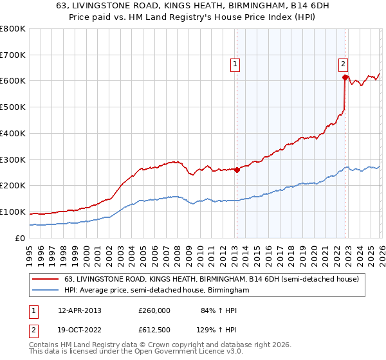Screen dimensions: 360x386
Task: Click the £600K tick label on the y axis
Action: tap(13, 81)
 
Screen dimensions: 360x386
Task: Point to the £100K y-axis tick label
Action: tap(13, 212)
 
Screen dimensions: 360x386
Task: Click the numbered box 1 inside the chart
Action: tap(235, 64)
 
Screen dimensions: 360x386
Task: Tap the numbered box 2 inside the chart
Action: tap(344, 64)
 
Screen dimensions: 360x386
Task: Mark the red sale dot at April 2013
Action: tap(237, 170)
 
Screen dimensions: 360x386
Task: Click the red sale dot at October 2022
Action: tap(345, 77)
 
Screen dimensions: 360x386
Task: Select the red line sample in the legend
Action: tap(46, 279)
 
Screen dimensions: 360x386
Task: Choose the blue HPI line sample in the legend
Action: tap(46, 290)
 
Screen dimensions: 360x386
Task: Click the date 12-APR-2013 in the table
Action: tap(79, 310)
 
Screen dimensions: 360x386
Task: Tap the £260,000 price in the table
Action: tap(154, 310)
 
